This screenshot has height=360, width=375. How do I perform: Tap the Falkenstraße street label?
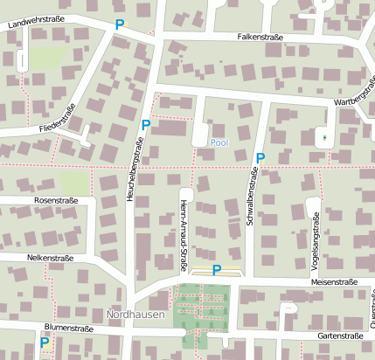click(x=260, y=38)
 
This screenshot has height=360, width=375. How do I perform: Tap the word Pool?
click(x=219, y=142)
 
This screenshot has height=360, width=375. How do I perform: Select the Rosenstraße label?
click(x=56, y=200)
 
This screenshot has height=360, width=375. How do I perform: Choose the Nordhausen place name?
click(x=135, y=314)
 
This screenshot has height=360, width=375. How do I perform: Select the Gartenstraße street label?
click(x=340, y=336)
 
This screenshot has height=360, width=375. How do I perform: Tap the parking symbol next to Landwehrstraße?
click(x=120, y=24)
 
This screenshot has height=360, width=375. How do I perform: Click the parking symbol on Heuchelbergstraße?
click(x=146, y=125)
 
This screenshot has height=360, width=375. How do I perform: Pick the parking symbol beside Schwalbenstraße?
click(x=260, y=157)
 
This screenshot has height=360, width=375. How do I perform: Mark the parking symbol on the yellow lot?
click(x=217, y=270)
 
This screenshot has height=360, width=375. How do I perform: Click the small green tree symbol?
click(x=323, y=136)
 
